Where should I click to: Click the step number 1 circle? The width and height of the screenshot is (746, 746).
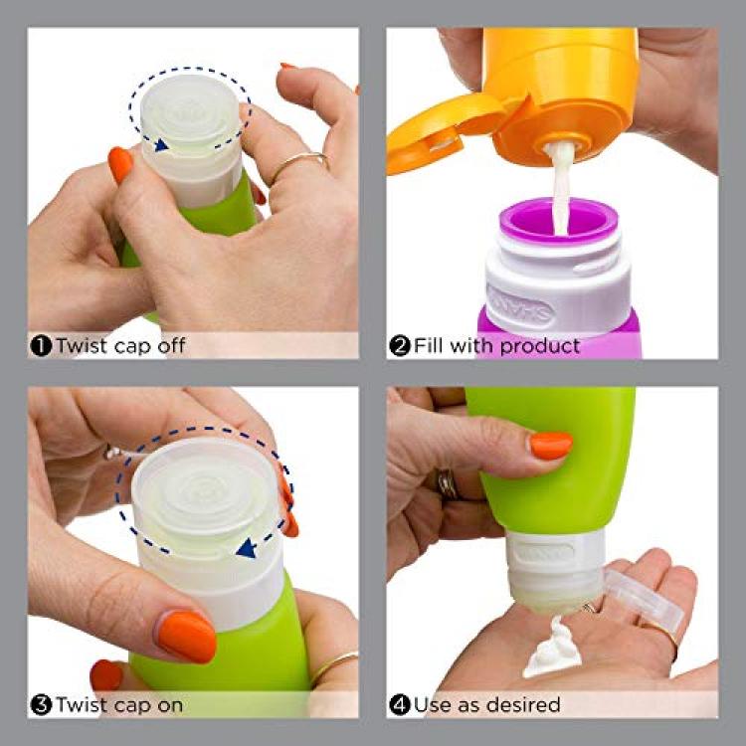tap(41, 346)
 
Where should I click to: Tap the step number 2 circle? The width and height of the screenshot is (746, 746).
tap(400, 346)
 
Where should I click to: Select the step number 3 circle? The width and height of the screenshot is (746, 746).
tap(41, 704)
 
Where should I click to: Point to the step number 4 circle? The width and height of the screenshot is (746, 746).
tap(400, 704)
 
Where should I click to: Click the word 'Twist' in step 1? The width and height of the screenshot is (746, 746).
tap(83, 345)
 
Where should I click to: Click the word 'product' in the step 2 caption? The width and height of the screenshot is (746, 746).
tap(540, 346)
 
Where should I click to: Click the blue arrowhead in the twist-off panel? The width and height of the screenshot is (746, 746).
tap(161, 144)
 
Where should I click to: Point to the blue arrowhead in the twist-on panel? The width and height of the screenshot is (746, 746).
tap(247, 549)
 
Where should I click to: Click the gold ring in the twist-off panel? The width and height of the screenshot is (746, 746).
tap(300, 164)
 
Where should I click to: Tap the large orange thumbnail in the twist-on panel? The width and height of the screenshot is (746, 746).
tap(187, 637)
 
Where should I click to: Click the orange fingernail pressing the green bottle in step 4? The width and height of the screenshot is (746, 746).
tap(551, 446)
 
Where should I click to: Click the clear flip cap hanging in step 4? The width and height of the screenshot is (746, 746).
tap(644, 600)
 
